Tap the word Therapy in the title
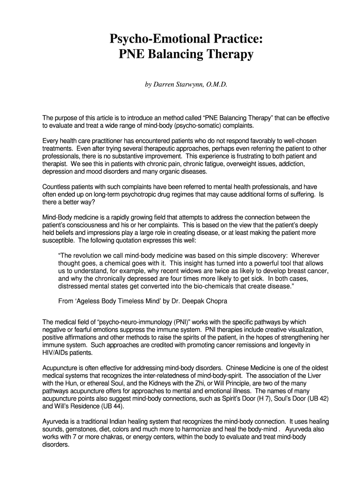pyautogui.click(x=228, y=55)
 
